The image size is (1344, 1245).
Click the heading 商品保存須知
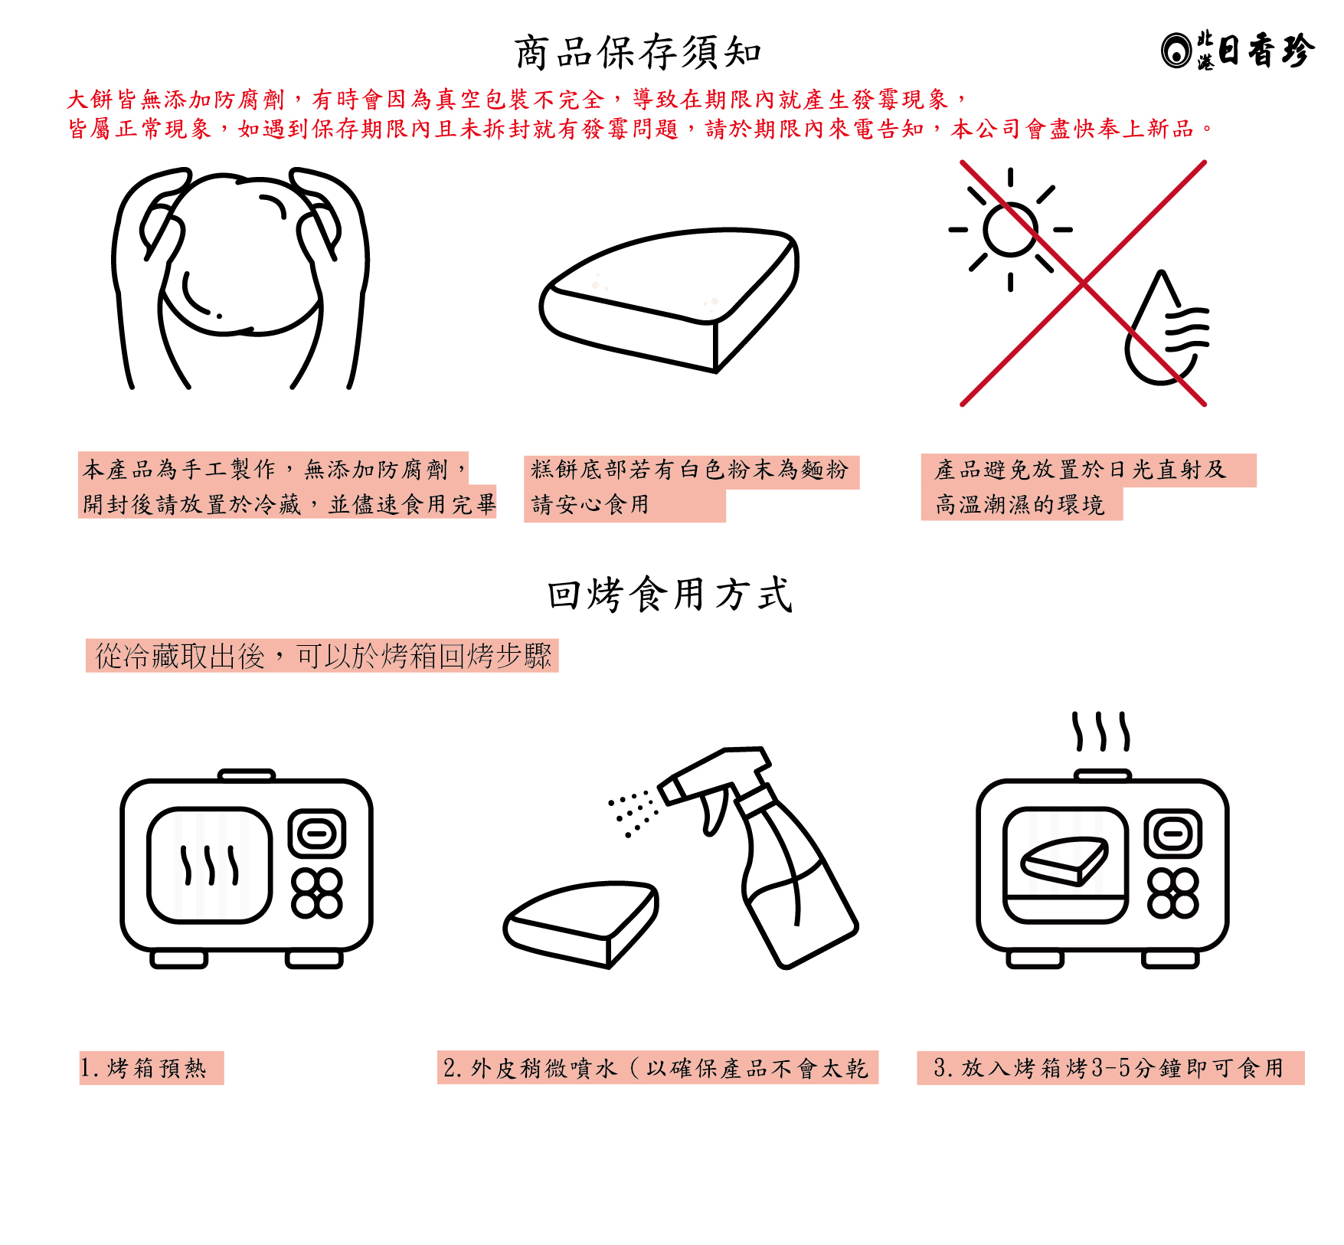[x=638, y=52]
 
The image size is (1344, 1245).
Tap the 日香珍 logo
[x=1238, y=51]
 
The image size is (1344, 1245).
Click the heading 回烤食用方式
[x=670, y=595]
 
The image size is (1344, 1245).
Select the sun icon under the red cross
[x=1010, y=229]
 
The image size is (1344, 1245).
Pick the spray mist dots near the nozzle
[x=633, y=813]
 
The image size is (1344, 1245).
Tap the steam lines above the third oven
[x=1100, y=732]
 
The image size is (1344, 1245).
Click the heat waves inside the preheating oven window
[x=210, y=865]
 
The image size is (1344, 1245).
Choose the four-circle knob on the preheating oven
[x=316, y=893]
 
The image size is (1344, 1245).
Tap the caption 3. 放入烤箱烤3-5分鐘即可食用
[x=1109, y=1068]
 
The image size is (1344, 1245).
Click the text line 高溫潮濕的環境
[x=1019, y=504]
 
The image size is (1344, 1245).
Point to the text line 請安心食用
[x=590, y=504]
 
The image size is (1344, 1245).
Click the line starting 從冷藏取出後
[x=322, y=656]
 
